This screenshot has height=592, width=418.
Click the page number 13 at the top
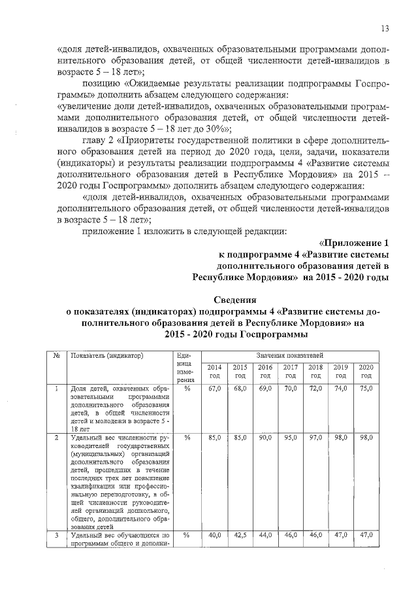pos(385,28)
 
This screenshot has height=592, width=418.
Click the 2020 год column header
pos(366,372)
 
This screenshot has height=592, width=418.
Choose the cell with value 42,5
pos(240,534)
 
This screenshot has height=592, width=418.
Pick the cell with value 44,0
pos(265,534)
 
